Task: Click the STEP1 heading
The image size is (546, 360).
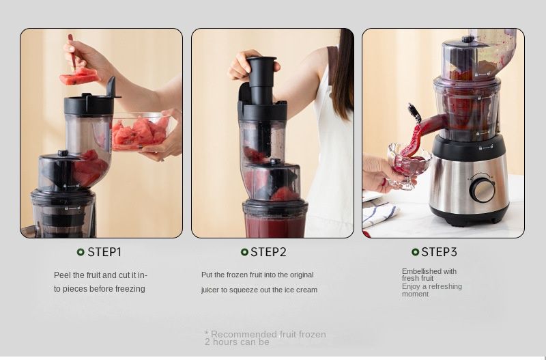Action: point(104,252)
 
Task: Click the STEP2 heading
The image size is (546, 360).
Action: point(268,252)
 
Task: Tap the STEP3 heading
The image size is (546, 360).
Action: point(439,252)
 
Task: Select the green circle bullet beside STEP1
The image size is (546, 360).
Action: point(81,252)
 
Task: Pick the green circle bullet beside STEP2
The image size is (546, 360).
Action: point(244,252)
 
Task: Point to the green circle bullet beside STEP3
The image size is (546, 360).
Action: point(415,252)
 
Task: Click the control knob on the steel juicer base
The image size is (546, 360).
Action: point(482,190)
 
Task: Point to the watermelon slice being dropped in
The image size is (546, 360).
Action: point(78,77)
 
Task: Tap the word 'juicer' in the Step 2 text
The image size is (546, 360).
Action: point(210,290)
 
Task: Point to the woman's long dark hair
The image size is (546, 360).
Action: point(343,73)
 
